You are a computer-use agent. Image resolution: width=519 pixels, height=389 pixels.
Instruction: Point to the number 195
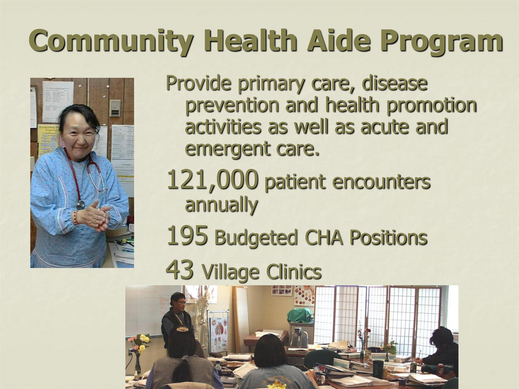tap(187, 236)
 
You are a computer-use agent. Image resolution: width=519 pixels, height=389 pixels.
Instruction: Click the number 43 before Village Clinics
tap(180, 270)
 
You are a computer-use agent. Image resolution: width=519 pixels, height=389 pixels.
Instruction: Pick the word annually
tap(221, 205)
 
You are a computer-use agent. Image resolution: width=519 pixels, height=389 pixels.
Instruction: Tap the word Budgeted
tap(256, 238)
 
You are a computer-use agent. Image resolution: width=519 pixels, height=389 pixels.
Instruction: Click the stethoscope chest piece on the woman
tap(80, 204)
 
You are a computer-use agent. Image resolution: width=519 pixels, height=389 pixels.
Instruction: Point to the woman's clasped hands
tap(93, 216)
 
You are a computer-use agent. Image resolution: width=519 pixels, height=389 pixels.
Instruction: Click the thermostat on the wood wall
tap(114, 108)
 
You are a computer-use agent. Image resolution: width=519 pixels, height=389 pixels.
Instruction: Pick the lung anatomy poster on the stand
tap(218, 333)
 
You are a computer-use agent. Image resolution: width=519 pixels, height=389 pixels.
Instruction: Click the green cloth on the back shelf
tap(300, 316)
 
